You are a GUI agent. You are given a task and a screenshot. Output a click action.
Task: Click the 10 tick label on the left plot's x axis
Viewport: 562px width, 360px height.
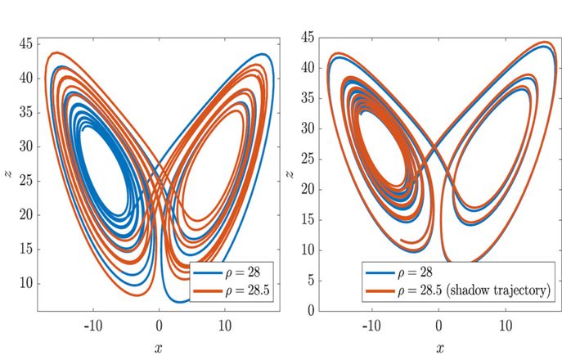coord(225,325)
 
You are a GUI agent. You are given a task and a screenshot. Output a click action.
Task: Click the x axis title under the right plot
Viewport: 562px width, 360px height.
coord(441,347)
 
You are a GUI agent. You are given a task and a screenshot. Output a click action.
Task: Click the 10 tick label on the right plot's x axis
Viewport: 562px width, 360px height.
coord(503,325)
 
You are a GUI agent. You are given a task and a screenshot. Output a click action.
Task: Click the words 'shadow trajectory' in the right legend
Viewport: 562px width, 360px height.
coord(499,290)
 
